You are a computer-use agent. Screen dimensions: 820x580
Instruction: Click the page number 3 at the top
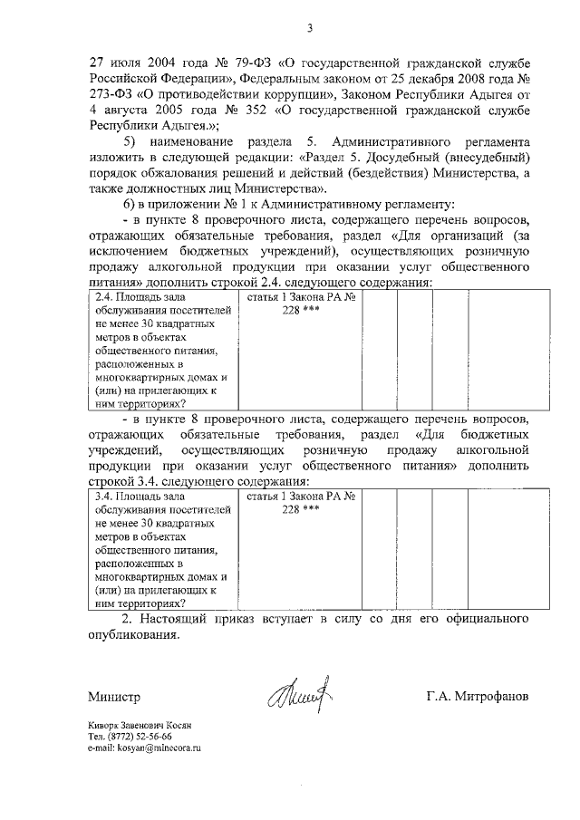(x=308, y=28)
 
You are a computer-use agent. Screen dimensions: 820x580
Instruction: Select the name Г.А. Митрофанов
(x=477, y=698)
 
